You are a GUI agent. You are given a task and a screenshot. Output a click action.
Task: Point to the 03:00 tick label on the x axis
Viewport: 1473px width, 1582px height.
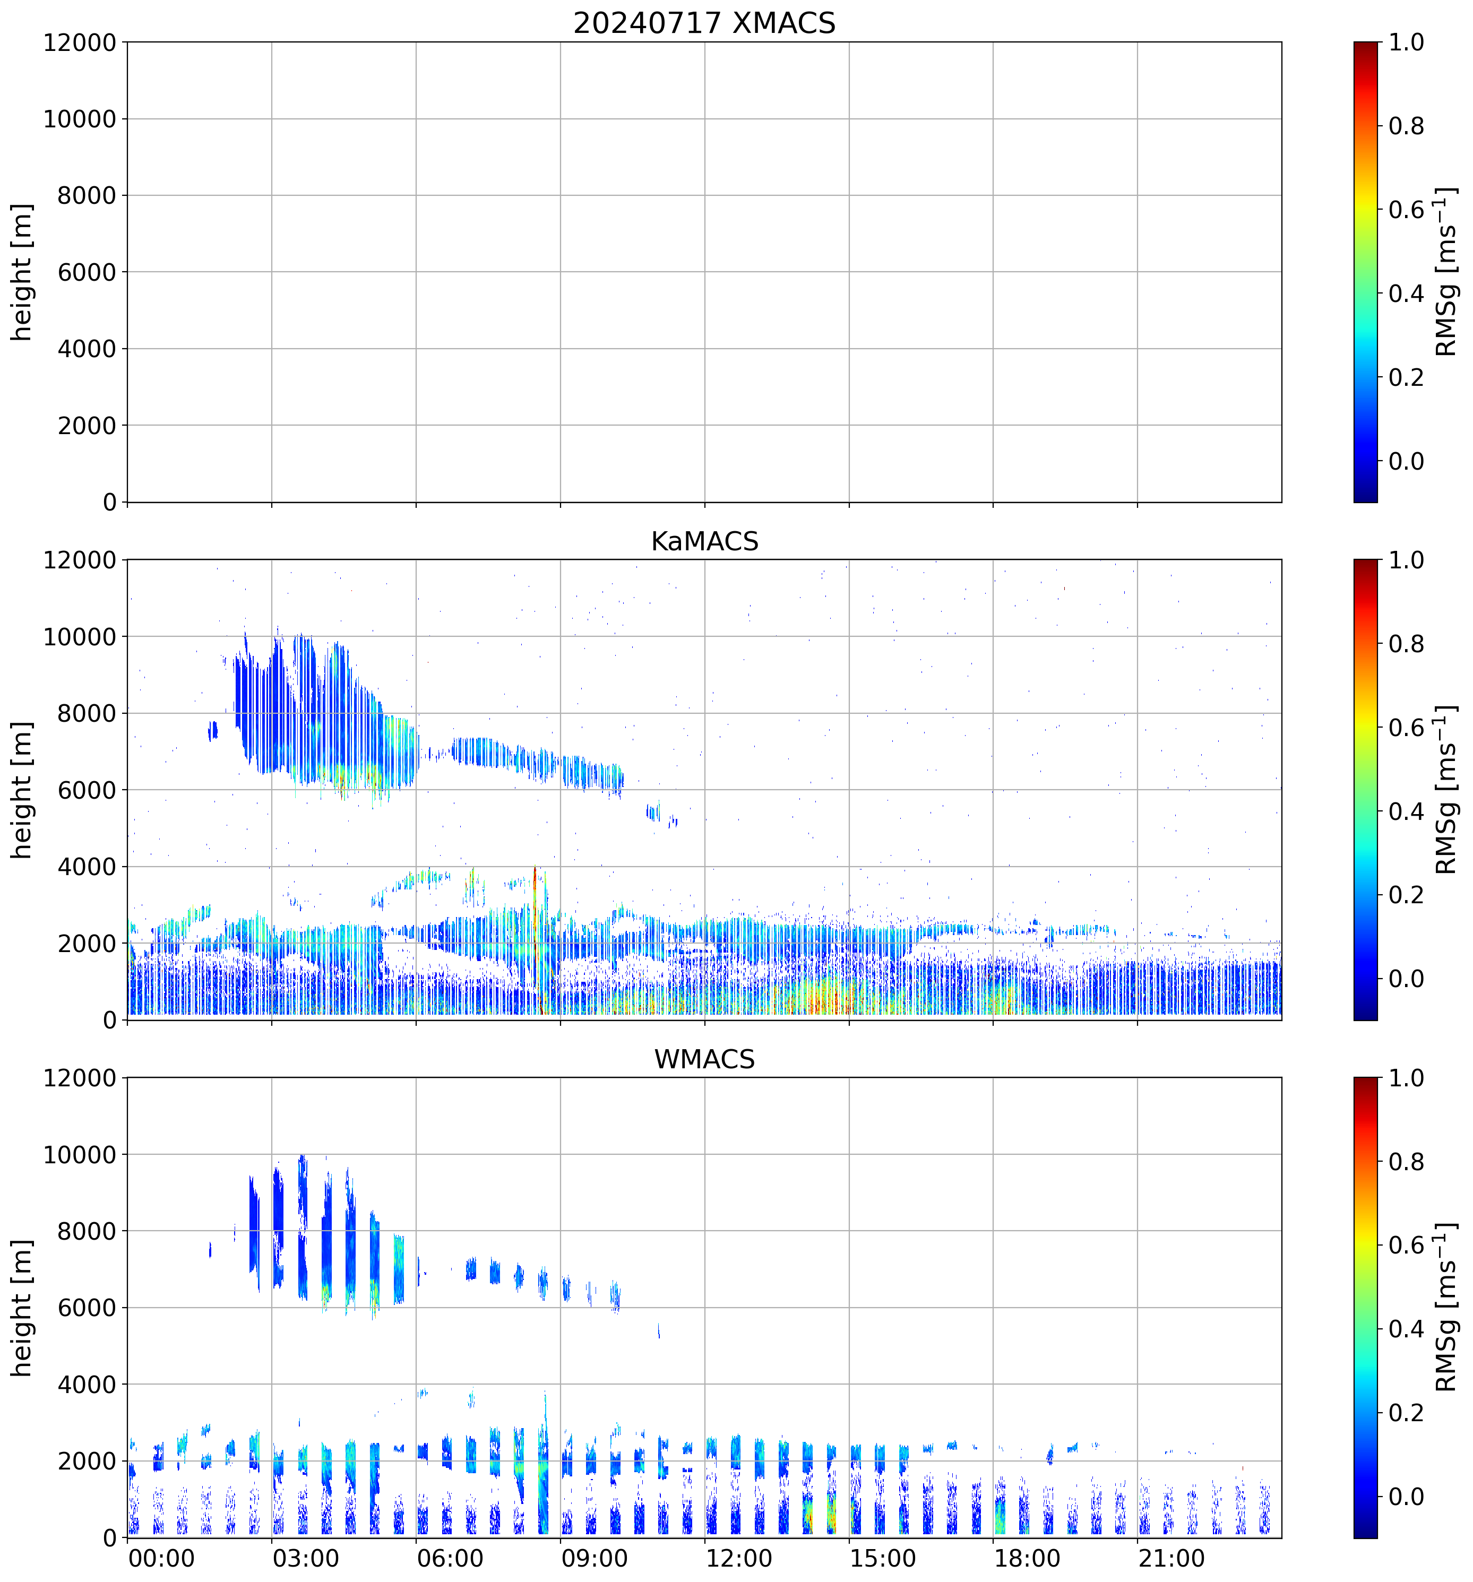coord(306,1558)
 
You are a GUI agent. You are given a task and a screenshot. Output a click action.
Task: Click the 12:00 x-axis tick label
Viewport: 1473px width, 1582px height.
coord(738,1558)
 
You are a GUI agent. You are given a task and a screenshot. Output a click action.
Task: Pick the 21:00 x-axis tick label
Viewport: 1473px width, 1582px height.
coord(1170,1558)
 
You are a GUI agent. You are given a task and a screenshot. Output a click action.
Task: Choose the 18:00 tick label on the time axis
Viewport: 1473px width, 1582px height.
coord(1027,1558)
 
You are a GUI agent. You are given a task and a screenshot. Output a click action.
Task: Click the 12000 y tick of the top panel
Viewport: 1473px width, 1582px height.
coord(80,42)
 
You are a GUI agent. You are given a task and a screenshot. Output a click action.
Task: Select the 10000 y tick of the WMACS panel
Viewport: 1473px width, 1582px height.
coord(80,1155)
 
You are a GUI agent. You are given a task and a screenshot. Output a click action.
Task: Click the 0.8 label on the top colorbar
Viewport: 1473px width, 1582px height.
coord(1406,126)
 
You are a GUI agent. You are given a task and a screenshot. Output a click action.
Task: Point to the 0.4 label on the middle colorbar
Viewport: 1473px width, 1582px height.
coord(1406,811)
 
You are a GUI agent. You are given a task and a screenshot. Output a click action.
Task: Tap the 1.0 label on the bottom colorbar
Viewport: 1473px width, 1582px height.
coord(1406,1078)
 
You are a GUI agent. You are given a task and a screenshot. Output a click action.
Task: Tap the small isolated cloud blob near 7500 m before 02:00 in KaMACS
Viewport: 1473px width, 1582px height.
coord(212,730)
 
